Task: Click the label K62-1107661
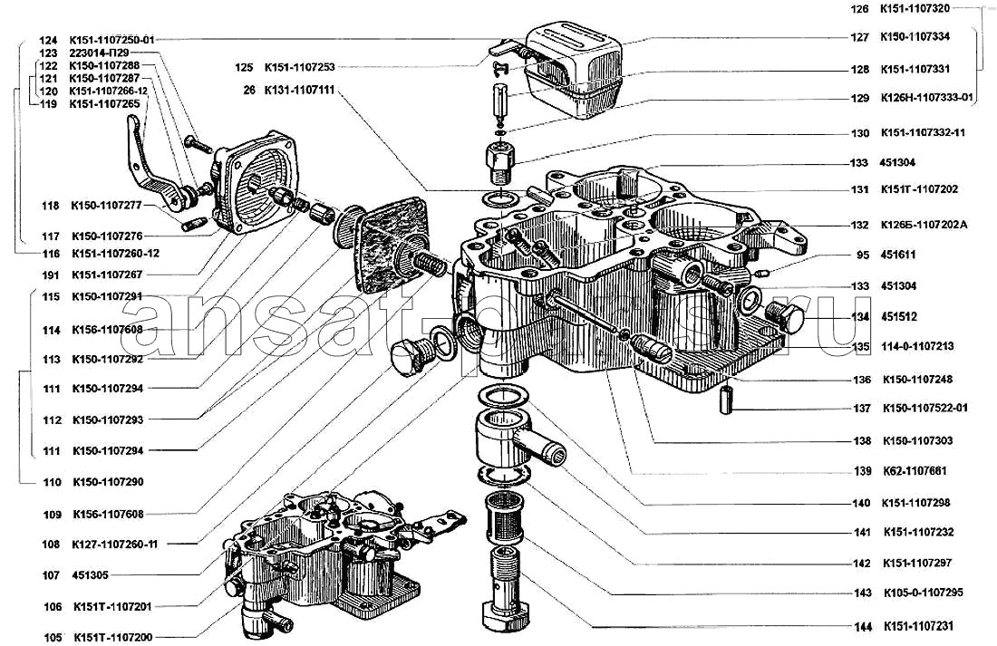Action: point(915,471)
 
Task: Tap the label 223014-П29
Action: point(99,53)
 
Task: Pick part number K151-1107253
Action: point(298,67)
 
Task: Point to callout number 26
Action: point(248,91)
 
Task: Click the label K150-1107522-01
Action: point(924,408)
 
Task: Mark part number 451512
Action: point(897,317)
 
